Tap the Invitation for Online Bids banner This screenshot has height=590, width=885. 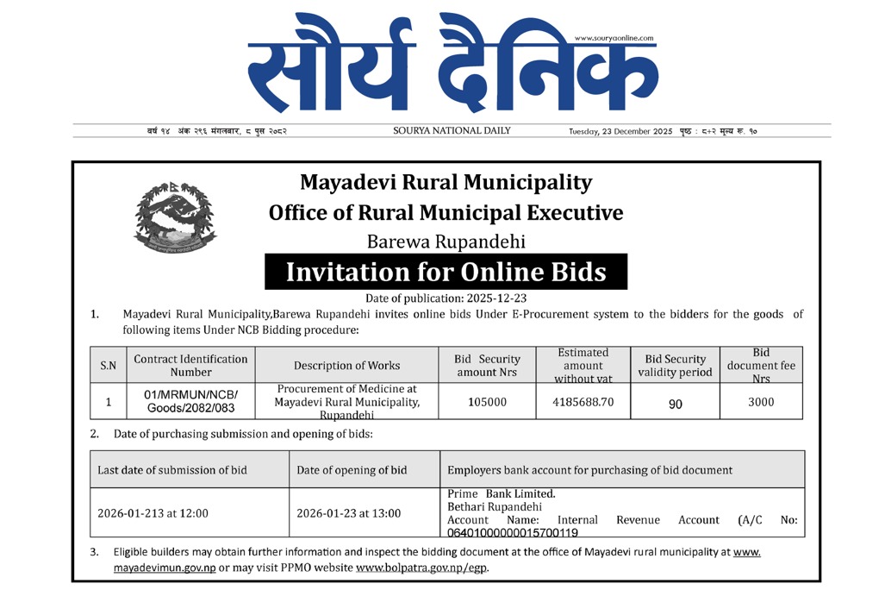tap(446, 273)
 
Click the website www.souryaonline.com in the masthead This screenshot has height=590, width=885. tap(614, 38)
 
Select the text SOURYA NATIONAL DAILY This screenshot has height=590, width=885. tap(452, 131)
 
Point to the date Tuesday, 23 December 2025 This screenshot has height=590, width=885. tap(620, 132)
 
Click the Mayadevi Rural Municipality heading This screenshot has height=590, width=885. tap(446, 183)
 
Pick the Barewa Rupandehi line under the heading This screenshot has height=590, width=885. tap(446, 242)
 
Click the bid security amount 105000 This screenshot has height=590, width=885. tap(487, 402)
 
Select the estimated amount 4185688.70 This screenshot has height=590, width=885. tap(583, 402)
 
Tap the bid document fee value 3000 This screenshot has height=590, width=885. tap(761, 402)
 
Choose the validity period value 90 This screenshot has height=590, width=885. tap(675, 403)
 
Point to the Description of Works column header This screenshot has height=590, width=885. tap(346, 366)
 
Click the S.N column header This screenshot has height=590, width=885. tap(108, 366)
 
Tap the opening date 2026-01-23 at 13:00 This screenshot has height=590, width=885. tap(348, 513)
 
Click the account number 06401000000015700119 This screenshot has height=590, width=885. tap(513, 533)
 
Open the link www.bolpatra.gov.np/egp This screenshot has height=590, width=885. tap(422, 568)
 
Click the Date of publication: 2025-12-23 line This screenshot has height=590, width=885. tap(446, 298)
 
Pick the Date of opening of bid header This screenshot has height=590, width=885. tap(352, 470)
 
